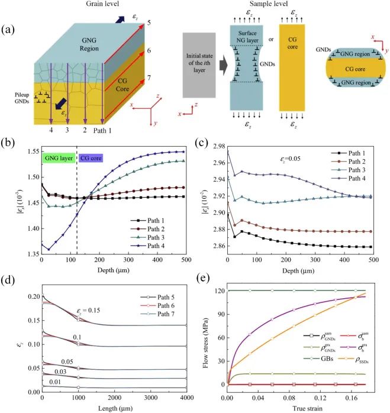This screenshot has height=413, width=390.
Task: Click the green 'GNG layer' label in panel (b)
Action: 59,158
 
